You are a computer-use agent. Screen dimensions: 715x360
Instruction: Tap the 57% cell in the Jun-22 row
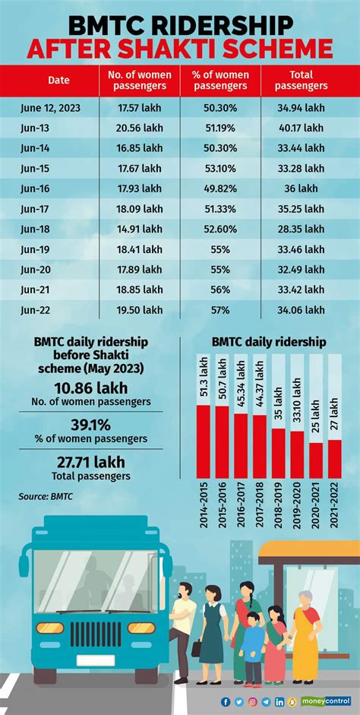[221, 310]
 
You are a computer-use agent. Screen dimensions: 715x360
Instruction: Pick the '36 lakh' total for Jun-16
[302, 188]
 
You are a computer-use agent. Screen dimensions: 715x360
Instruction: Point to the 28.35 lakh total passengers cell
[302, 229]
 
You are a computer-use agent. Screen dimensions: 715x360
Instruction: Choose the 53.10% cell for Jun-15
[221, 168]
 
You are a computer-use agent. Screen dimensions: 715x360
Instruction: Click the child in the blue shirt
[252, 642]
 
